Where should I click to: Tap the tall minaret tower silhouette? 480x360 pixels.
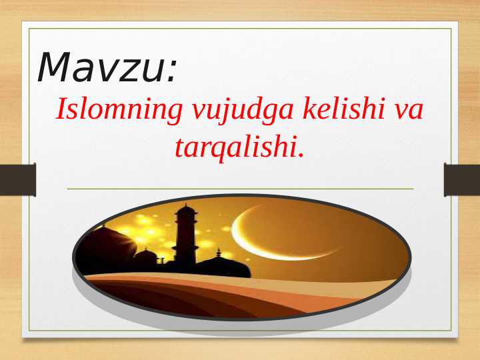(x=185, y=237)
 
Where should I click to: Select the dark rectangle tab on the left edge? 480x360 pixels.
(x=17, y=179)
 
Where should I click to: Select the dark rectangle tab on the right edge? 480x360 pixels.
(x=462, y=179)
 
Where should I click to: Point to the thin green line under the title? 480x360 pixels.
(x=240, y=189)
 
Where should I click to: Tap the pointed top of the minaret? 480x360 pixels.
(x=186, y=207)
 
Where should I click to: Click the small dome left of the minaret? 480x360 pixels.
(x=146, y=257)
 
